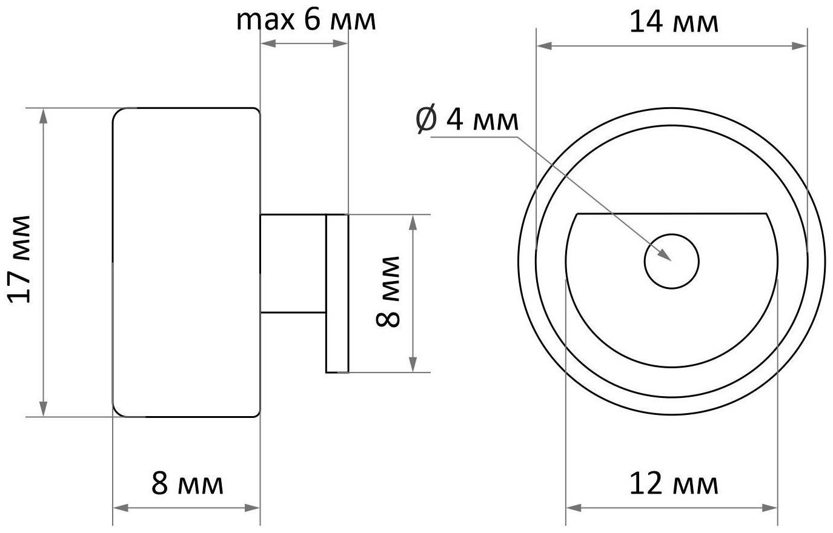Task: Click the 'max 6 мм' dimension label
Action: pyautogui.click(x=306, y=20)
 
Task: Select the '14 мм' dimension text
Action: pyautogui.click(x=674, y=23)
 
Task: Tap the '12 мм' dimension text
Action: pyautogui.click(x=674, y=485)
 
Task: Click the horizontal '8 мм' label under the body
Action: pyautogui.click(x=187, y=484)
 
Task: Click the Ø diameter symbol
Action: pyautogui.click(x=426, y=119)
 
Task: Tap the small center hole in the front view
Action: pyautogui.click(x=671, y=261)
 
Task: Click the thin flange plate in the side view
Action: pyautogui.click(x=337, y=293)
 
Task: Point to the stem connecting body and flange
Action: pyautogui.click(x=293, y=263)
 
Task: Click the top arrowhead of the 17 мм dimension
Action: pyautogui.click(x=43, y=114)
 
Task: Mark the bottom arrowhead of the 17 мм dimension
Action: pyautogui.click(x=43, y=410)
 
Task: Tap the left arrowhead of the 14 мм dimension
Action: pyautogui.click(x=543, y=46)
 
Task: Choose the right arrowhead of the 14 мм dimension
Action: pyautogui.click(x=801, y=46)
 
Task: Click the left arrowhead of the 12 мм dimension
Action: pyautogui.click(x=572, y=507)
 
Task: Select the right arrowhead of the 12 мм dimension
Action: pyautogui.click(x=771, y=507)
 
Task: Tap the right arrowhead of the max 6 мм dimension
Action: pyautogui.click(x=342, y=43)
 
